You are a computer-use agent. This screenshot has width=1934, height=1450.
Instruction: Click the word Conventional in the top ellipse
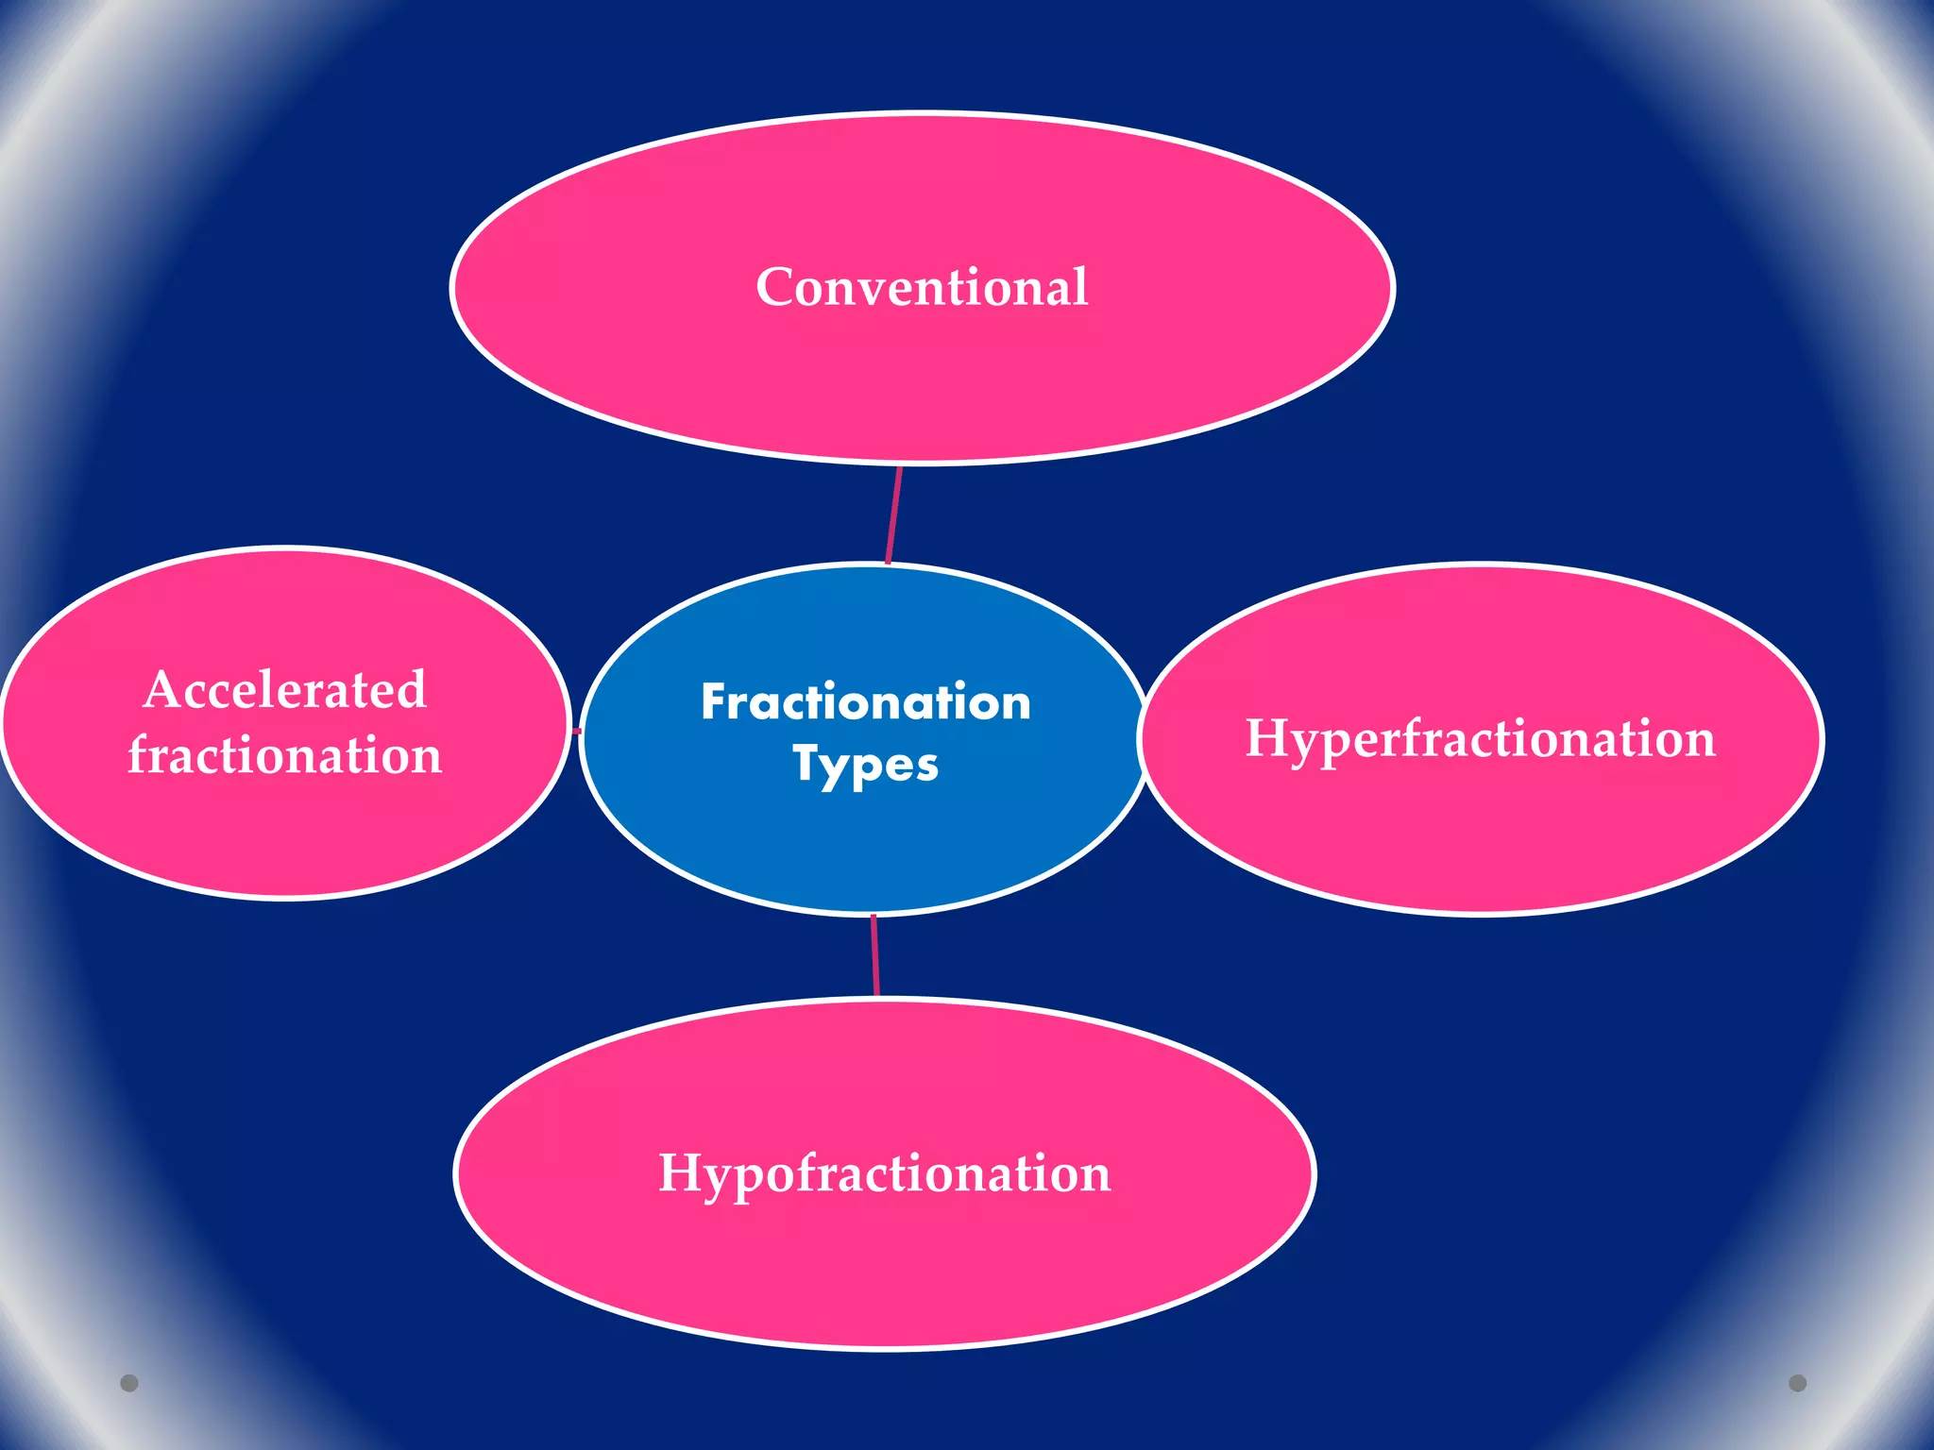click(x=922, y=287)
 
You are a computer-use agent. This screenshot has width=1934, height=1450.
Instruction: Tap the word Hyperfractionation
click(x=1480, y=738)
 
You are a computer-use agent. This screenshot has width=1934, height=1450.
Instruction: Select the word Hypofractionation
click(x=884, y=1173)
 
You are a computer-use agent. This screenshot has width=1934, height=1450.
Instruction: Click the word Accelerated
click(x=285, y=689)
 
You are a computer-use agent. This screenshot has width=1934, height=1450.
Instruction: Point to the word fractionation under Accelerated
click(x=285, y=755)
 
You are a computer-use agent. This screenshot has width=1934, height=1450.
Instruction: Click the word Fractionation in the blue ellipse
click(x=865, y=702)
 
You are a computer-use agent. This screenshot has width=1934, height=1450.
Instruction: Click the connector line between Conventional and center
click(x=893, y=514)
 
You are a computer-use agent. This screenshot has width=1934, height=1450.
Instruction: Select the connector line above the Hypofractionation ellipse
click(x=875, y=955)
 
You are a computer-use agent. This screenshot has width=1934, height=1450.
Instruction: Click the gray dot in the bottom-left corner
click(x=129, y=1383)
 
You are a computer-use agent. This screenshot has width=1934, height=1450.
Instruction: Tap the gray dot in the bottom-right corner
click(x=1798, y=1383)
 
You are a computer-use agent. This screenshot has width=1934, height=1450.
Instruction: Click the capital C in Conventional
click(x=775, y=287)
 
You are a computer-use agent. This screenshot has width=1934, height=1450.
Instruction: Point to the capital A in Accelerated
click(x=162, y=689)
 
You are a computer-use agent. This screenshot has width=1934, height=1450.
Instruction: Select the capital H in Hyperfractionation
click(x=1268, y=738)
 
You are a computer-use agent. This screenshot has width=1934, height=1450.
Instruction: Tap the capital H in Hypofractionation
click(x=681, y=1173)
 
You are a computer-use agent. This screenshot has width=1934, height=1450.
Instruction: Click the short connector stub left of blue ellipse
click(x=577, y=731)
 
